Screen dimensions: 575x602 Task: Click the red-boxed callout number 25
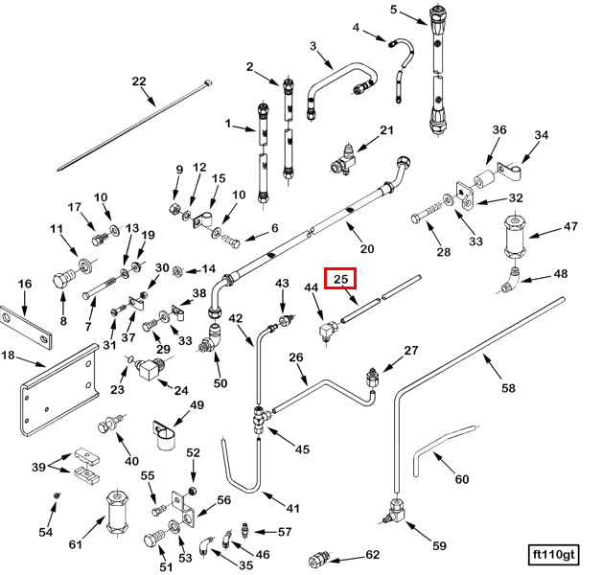[340, 279]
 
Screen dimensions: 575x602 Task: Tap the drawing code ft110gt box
[556, 554]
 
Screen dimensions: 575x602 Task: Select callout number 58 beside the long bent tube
[508, 388]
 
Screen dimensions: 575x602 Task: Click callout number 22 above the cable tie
[139, 81]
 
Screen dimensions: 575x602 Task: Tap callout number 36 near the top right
[499, 130]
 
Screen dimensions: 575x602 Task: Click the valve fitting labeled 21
[345, 155]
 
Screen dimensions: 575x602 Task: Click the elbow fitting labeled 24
[150, 369]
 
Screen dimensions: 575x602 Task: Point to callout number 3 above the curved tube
[313, 46]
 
